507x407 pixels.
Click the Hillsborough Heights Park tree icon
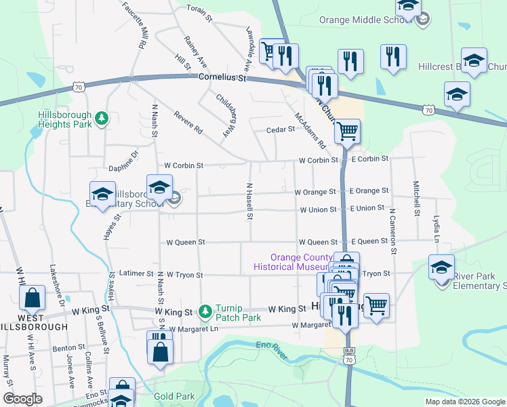[x=102, y=119]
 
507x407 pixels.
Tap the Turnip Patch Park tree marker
[x=205, y=311]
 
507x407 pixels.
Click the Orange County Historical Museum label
[x=301, y=262]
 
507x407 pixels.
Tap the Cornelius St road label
[x=222, y=78]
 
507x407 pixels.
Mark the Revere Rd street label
[x=188, y=121]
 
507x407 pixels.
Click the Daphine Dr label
[x=123, y=161]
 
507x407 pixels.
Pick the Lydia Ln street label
[x=436, y=228]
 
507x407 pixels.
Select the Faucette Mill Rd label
[x=134, y=24]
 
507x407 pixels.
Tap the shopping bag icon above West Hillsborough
[x=32, y=297]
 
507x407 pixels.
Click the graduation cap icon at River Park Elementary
[x=441, y=266]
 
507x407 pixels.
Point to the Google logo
[x=22, y=399]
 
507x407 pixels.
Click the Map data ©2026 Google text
[x=464, y=402]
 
